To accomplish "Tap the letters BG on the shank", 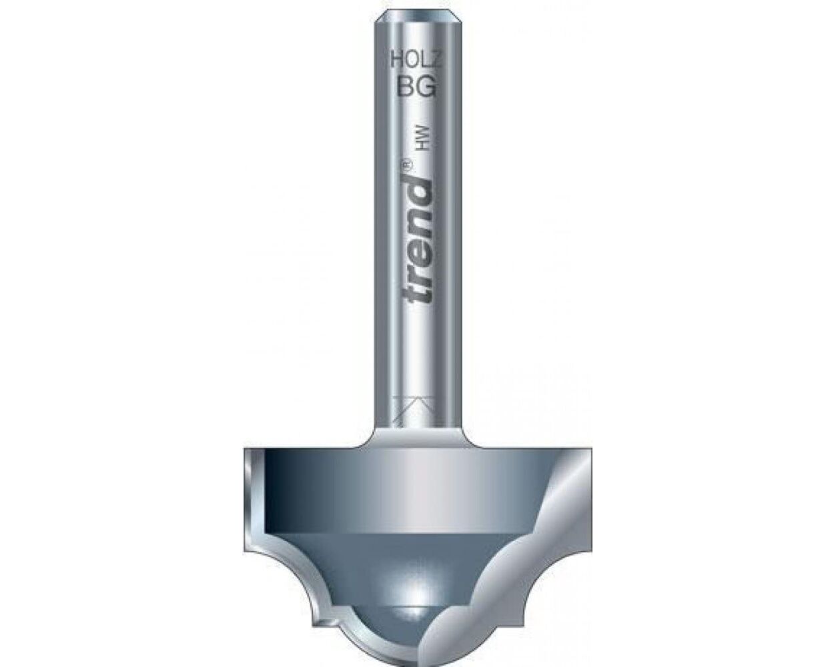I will (x=416, y=87).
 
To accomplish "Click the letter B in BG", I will (x=406, y=87).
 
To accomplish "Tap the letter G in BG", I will (x=426, y=87).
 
